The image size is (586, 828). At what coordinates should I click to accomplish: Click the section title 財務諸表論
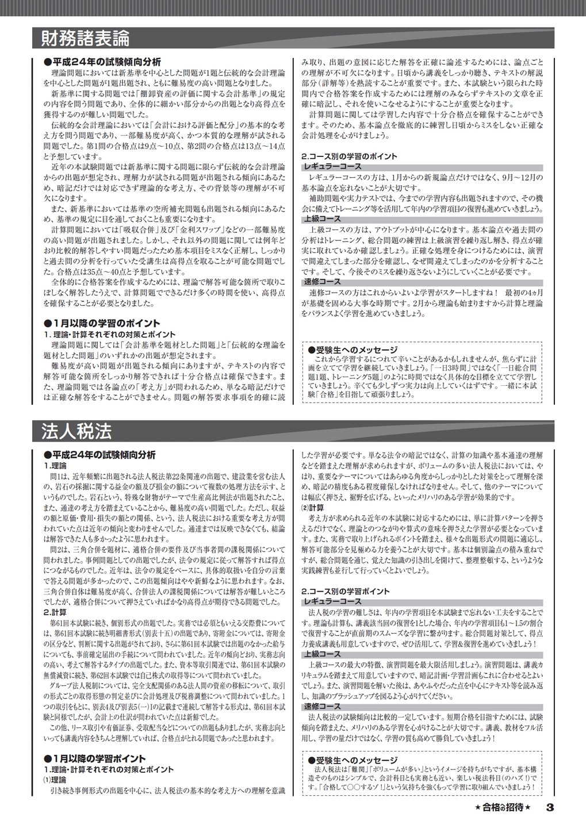(86, 39)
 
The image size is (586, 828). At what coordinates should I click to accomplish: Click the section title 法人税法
(76, 431)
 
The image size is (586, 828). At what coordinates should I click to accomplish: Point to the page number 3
(549, 807)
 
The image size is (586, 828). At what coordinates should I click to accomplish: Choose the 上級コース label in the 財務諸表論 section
(322, 219)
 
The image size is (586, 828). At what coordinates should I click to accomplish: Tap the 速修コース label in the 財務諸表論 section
(322, 282)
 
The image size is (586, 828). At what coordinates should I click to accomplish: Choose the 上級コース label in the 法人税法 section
(322, 654)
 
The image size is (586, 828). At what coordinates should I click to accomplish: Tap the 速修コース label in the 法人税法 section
(322, 706)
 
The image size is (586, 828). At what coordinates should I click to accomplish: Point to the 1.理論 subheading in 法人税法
(55, 465)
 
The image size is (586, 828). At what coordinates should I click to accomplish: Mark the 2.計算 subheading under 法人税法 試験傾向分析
(55, 612)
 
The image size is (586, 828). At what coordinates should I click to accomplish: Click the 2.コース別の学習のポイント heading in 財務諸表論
(349, 156)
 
